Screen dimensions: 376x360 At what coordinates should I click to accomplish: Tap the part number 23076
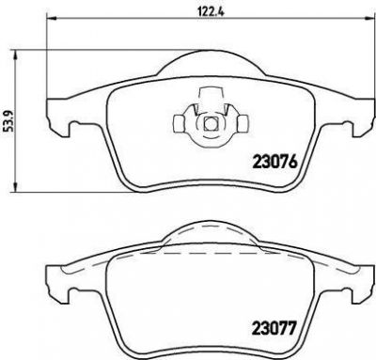(x=274, y=162)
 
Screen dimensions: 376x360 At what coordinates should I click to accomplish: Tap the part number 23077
(x=274, y=328)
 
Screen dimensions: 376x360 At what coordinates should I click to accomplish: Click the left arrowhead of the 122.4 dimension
(x=52, y=18)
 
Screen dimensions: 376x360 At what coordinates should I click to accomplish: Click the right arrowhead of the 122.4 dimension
(x=370, y=18)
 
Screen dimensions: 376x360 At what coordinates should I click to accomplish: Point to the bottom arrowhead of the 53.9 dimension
(x=14, y=186)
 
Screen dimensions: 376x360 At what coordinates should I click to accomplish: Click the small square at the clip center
(x=210, y=124)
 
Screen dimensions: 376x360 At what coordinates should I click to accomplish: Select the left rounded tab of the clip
(x=179, y=123)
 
